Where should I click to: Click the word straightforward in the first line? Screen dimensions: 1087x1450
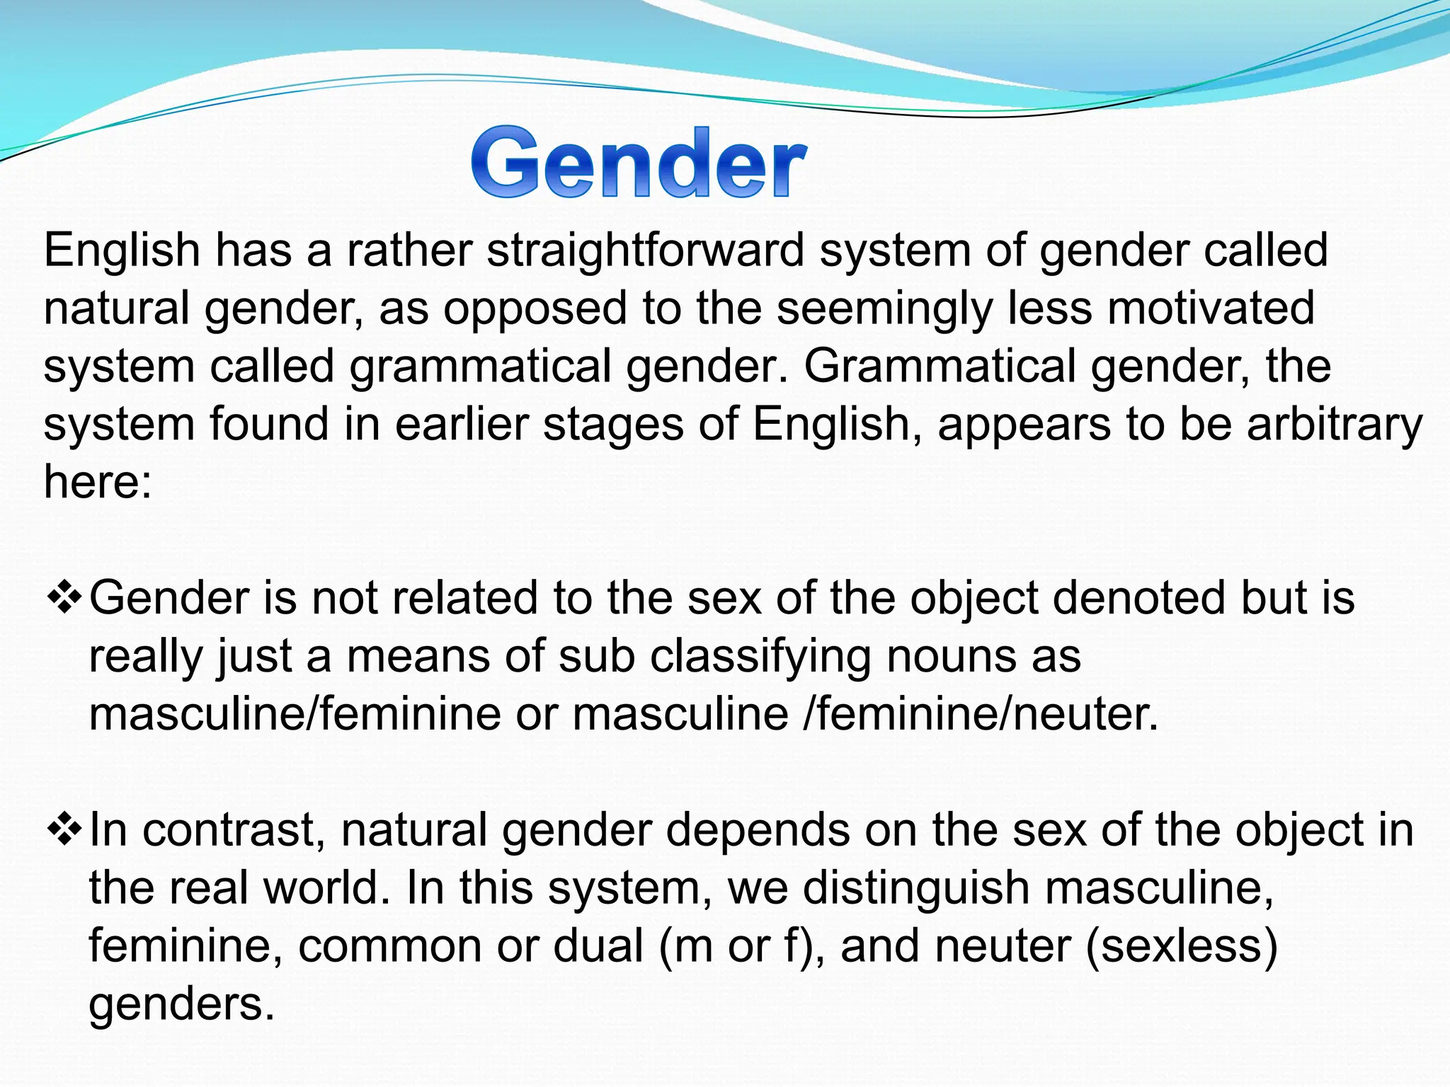pyautogui.click(x=646, y=251)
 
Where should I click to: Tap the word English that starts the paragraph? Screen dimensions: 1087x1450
pyautogui.click(x=122, y=251)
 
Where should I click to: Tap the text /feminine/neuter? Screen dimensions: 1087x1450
pyautogui.click(x=981, y=714)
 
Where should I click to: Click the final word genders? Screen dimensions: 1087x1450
pyautogui.click(x=181, y=1004)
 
